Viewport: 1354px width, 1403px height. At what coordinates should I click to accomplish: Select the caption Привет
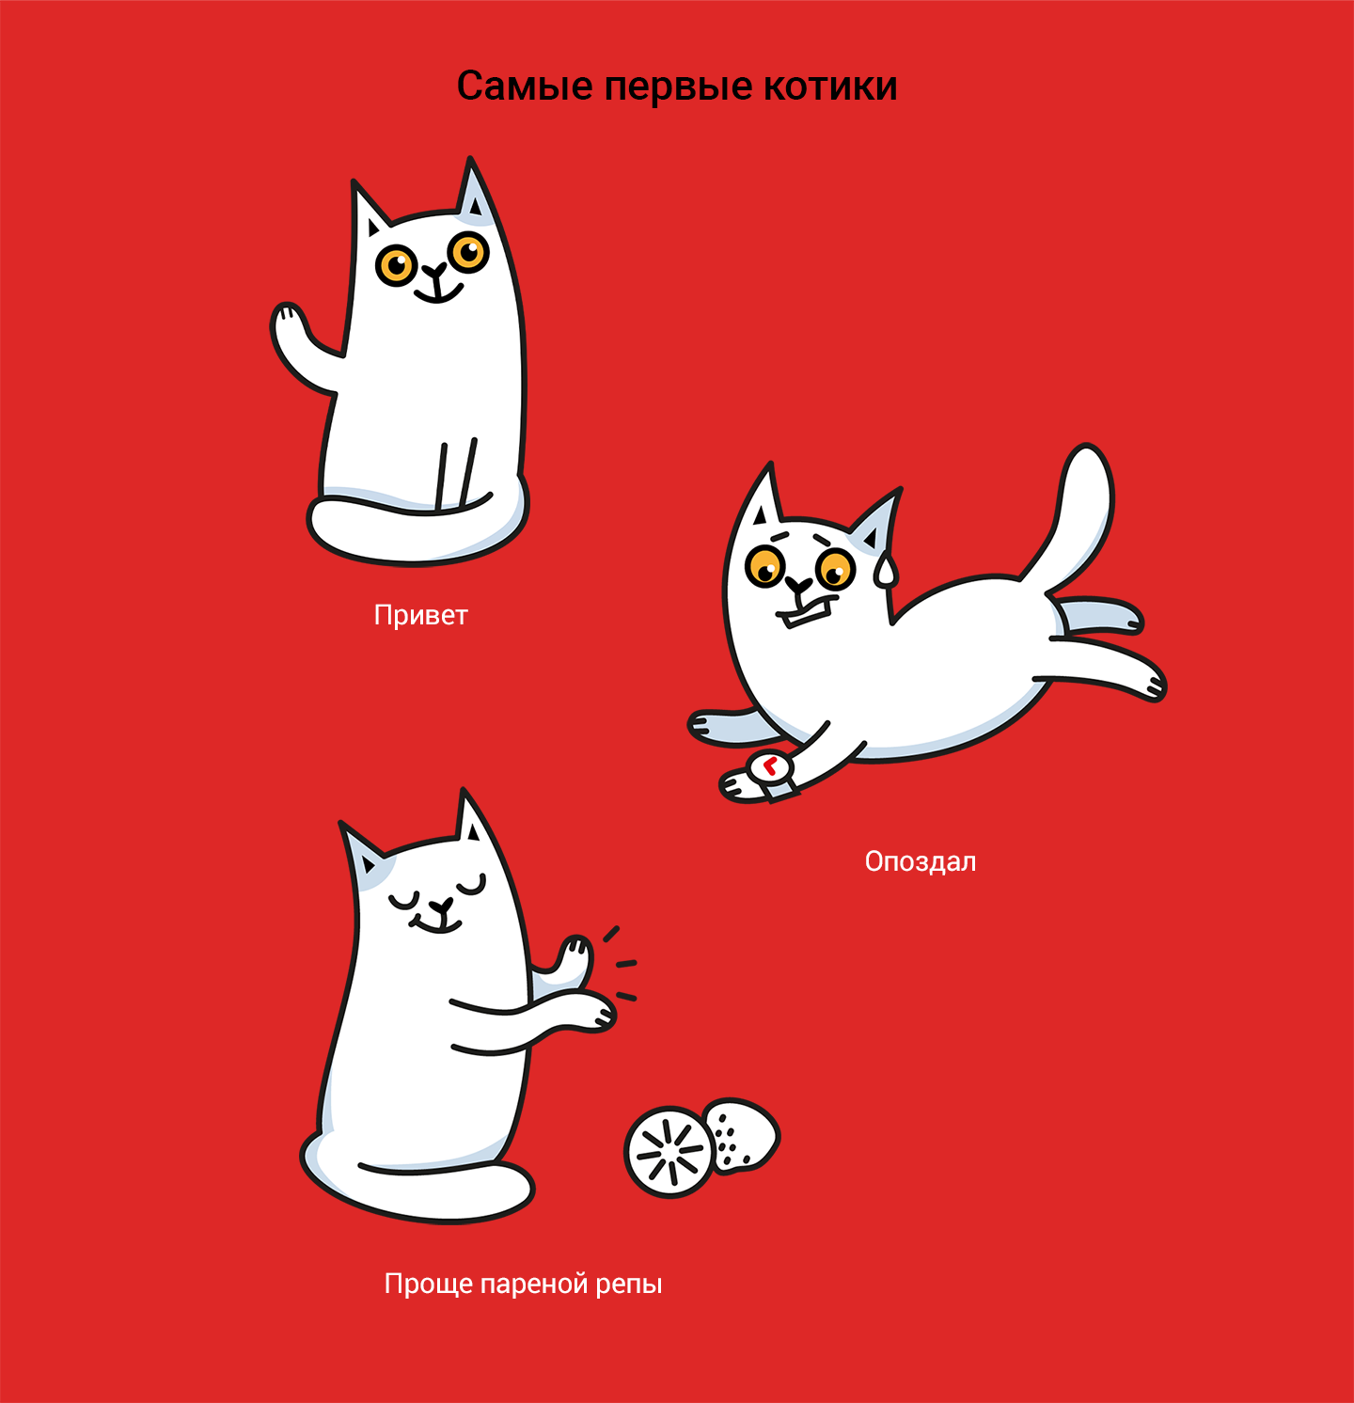(x=420, y=616)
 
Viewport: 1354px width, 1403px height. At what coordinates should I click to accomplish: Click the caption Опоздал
(x=921, y=861)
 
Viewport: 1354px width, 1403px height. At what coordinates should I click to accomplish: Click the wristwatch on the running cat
(x=772, y=770)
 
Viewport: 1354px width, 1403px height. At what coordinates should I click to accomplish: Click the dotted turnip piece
(x=743, y=1136)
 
